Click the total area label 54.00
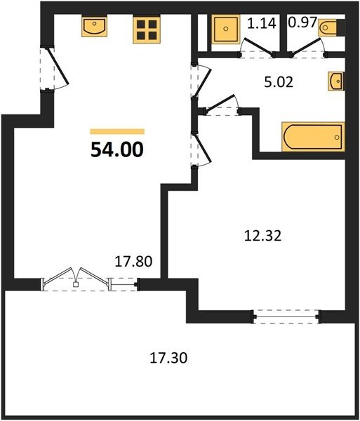point(117,150)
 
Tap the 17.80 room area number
point(133,262)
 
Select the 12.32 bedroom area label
point(263,236)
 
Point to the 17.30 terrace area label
point(168,358)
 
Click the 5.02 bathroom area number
point(279,82)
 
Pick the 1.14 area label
point(262,23)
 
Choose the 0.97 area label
point(303,22)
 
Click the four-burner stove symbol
point(147,29)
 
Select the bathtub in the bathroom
point(313,137)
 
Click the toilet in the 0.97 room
point(328,27)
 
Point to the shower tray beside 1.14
point(226,29)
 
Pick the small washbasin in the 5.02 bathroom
point(336,81)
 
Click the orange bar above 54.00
point(117,132)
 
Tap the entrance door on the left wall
point(55,69)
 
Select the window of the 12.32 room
point(286,317)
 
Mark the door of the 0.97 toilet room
point(308,48)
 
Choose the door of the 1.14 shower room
point(257,48)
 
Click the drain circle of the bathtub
point(337,138)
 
